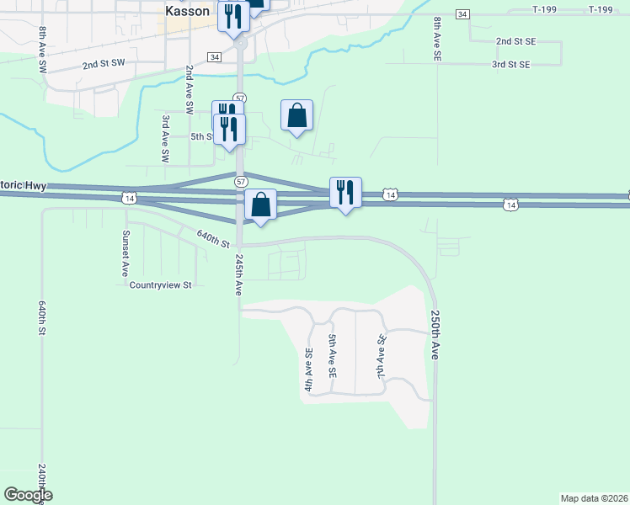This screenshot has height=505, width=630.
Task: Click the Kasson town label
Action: tap(187, 11)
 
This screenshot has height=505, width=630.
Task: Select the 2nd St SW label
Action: tap(103, 63)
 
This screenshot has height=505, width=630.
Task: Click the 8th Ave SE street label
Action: tap(437, 39)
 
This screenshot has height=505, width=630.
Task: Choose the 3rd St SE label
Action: tap(511, 64)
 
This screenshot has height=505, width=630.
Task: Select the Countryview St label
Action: tap(161, 285)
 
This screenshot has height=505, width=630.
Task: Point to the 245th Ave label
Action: tap(239, 274)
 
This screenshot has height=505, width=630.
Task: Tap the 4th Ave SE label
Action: tap(309, 370)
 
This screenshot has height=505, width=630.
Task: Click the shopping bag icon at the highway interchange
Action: tap(261, 204)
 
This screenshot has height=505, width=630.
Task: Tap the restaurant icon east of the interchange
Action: tap(345, 192)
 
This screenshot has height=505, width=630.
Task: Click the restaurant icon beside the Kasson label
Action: tap(233, 16)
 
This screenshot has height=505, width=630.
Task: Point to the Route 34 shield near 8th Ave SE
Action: tap(462, 14)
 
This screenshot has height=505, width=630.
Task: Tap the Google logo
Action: tap(28, 495)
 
